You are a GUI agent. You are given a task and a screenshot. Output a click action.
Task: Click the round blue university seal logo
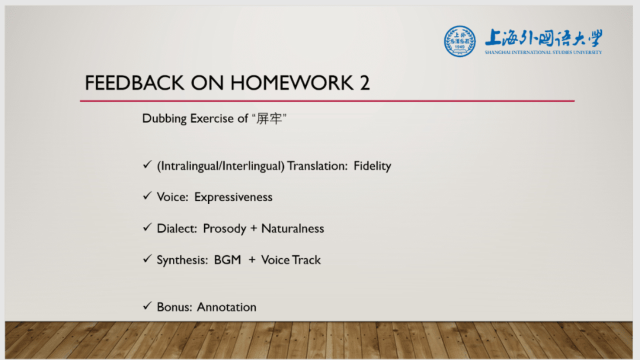point(459,41)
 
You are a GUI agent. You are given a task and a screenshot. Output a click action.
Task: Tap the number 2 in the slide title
point(365,83)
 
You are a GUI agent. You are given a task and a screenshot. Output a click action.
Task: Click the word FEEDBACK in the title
point(134,83)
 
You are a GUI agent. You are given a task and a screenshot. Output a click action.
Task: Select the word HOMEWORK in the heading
point(291,83)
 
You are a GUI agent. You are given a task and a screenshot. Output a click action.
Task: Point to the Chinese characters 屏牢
point(269,118)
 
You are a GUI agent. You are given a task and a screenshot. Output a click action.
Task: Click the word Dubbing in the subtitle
point(164,118)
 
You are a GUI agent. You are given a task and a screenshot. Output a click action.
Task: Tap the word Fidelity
point(372,166)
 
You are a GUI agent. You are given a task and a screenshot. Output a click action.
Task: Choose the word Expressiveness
point(233,197)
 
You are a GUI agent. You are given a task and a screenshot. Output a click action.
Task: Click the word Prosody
point(224,228)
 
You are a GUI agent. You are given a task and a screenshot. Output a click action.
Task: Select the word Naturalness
point(292,228)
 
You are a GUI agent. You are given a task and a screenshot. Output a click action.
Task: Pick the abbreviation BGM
point(227,260)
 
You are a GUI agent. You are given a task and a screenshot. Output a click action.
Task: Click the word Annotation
point(226,307)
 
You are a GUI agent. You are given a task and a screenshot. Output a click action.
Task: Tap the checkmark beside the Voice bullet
point(147,195)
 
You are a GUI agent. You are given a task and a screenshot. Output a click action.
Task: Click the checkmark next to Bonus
point(147,305)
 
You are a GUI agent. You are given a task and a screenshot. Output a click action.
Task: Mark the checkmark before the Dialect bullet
point(147,227)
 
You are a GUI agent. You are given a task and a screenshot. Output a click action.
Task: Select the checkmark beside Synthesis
point(147,258)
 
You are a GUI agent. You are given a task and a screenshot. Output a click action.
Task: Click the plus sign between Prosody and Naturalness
point(253,229)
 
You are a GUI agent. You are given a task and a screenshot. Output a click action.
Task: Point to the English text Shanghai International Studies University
point(543,52)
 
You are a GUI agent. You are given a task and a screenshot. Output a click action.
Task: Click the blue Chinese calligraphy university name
point(543,37)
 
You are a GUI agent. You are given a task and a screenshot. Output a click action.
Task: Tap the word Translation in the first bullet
point(317,166)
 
